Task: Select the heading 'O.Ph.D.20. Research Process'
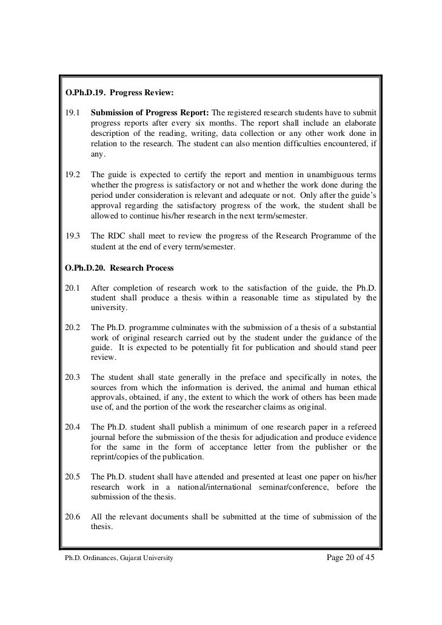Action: point(119,268)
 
